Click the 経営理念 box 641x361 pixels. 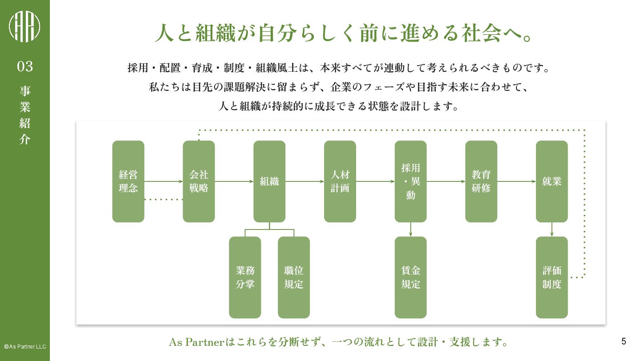click(x=128, y=181)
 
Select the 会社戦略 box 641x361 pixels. click(x=199, y=181)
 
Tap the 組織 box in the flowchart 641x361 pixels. click(x=269, y=181)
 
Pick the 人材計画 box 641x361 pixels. click(x=340, y=181)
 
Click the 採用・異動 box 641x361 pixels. click(x=410, y=181)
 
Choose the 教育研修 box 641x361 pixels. click(x=481, y=181)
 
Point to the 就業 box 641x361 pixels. click(x=552, y=181)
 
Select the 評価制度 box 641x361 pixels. click(x=552, y=277)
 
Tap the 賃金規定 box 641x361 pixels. click(x=410, y=277)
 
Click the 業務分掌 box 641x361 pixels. click(x=245, y=277)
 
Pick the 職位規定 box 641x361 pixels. click(x=294, y=277)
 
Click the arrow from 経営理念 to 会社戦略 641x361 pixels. click(x=163, y=181)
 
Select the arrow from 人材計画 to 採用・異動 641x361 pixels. click(x=375, y=181)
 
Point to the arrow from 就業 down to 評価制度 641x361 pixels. click(x=552, y=230)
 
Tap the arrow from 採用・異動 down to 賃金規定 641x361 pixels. click(x=410, y=230)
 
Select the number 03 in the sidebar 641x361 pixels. click(x=25, y=66)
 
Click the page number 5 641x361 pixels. click(x=624, y=341)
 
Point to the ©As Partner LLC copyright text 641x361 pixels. click(x=25, y=346)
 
